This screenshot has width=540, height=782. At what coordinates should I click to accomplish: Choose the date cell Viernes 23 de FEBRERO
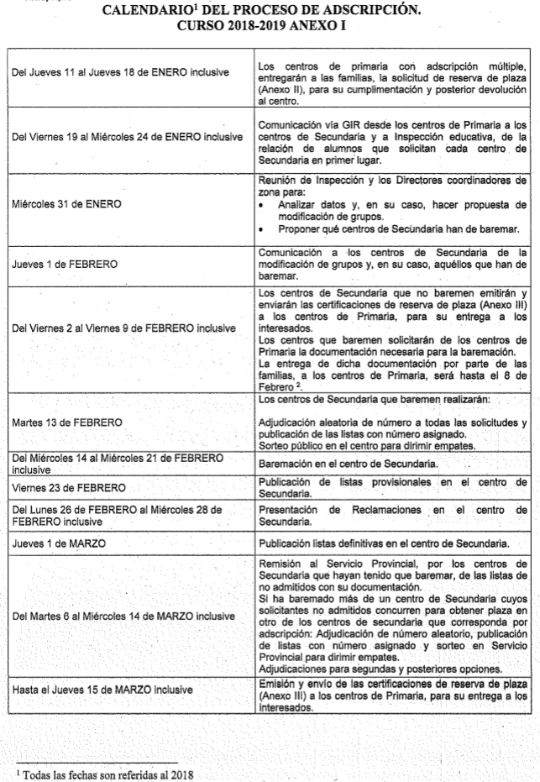click(x=69, y=488)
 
